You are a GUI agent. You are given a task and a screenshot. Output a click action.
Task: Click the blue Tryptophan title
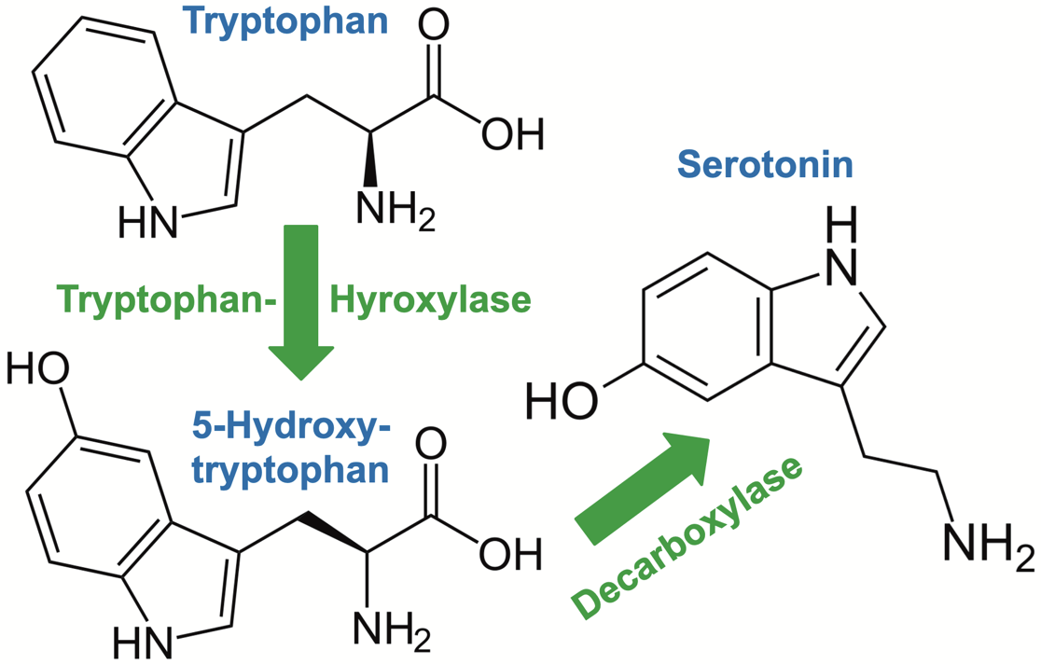(286, 21)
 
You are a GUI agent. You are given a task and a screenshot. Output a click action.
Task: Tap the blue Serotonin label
(765, 164)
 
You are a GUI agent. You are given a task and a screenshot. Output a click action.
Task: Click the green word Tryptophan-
(166, 301)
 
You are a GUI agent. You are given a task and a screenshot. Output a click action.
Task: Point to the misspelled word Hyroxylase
(431, 301)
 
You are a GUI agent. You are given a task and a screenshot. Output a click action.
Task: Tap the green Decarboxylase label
(687, 536)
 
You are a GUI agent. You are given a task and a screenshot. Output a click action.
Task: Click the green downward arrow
(300, 302)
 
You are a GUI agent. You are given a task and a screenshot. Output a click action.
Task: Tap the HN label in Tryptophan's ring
(148, 221)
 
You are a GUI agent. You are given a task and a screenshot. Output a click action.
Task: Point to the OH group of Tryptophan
(512, 135)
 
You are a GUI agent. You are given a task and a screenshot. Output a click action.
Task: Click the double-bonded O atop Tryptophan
(434, 24)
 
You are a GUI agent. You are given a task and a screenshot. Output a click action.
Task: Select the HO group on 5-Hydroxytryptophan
(38, 370)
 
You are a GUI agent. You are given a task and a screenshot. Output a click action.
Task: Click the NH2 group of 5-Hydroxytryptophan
(392, 629)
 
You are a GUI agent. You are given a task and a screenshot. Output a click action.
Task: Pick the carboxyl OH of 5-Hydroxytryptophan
(510, 555)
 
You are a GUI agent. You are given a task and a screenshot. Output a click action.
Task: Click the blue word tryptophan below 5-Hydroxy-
(290, 469)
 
